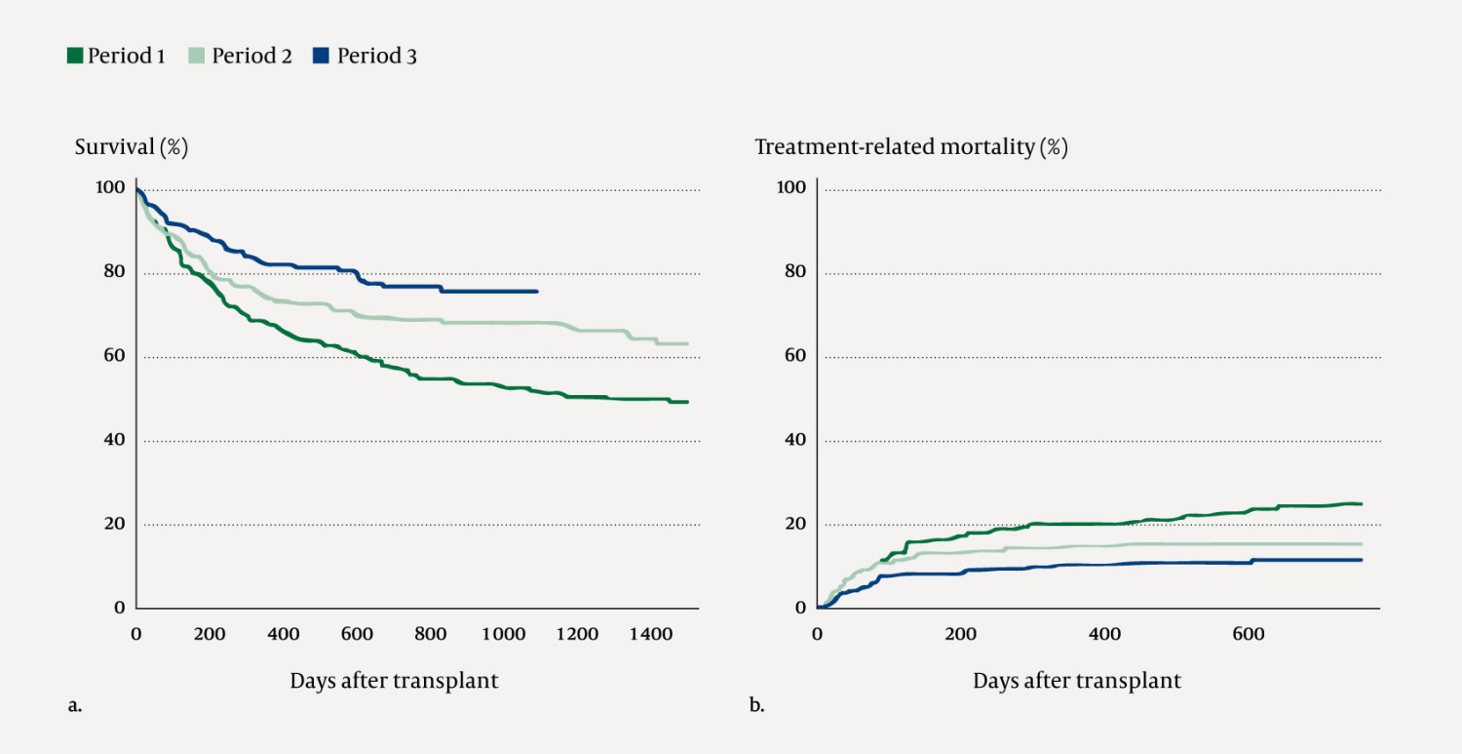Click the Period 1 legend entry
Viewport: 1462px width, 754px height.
point(115,56)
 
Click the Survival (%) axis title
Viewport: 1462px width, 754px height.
point(132,147)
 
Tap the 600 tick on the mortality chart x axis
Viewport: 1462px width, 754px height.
point(1249,634)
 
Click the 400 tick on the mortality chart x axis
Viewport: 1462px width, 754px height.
point(1104,634)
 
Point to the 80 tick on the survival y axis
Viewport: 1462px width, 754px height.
point(115,271)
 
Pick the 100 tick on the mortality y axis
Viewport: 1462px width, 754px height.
point(792,187)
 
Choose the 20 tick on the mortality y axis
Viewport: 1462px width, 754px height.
point(795,524)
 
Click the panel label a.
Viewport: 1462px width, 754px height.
point(74,706)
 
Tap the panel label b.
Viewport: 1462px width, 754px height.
point(756,706)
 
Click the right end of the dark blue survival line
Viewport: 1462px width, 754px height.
point(536,291)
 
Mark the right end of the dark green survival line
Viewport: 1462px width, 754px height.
point(687,402)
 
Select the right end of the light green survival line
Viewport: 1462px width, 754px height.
point(687,343)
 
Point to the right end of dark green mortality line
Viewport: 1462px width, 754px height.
point(1361,503)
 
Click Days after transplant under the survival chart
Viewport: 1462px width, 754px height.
point(394,681)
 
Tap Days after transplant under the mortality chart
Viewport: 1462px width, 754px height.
point(1076,681)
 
